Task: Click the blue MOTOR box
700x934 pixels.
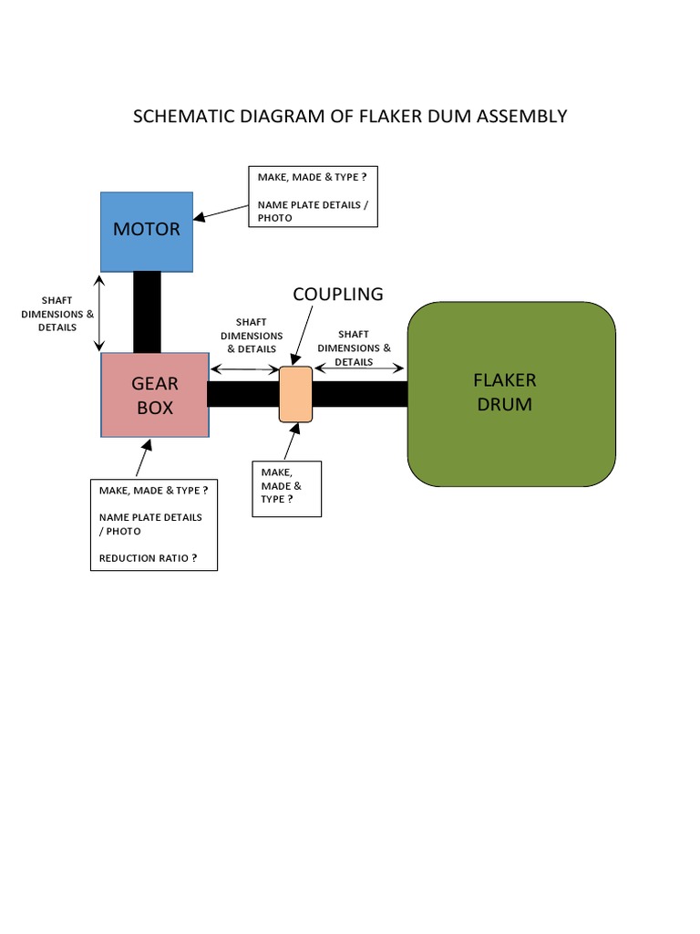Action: click(147, 232)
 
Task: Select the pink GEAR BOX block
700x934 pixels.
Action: click(155, 395)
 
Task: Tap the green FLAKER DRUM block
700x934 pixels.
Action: click(510, 393)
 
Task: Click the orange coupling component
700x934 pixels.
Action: click(295, 394)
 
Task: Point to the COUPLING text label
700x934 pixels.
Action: click(338, 294)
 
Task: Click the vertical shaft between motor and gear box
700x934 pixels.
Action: click(147, 312)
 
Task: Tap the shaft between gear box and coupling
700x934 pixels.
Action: click(243, 394)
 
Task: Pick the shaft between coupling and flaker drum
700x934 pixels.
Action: click(359, 394)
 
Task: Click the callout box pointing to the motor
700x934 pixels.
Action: click(313, 196)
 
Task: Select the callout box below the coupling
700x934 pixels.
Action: click(286, 489)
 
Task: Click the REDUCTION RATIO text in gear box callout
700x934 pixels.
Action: click(149, 557)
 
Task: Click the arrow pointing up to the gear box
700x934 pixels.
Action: click(141, 459)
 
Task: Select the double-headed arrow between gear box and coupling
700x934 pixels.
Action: click(243, 369)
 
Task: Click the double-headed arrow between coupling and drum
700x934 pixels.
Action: click(359, 368)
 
